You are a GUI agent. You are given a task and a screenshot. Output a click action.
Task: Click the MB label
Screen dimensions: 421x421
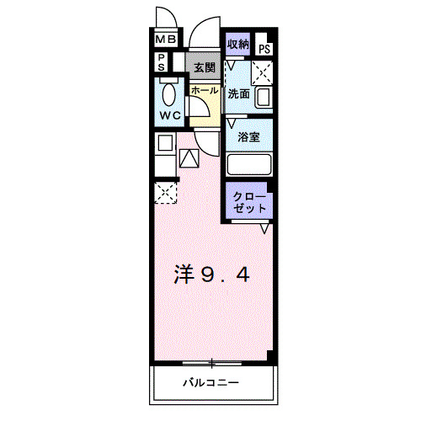click(165, 39)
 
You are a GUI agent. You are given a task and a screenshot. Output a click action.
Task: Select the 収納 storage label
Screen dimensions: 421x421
click(238, 45)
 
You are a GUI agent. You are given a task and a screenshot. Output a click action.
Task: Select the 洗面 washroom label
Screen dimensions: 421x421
click(239, 94)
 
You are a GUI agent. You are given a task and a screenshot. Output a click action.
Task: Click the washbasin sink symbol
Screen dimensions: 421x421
click(262, 98)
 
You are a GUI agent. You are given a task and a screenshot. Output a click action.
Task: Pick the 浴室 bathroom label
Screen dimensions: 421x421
click(248, 137)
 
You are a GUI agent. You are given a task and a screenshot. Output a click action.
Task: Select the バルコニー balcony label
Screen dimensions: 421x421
click(212, 384)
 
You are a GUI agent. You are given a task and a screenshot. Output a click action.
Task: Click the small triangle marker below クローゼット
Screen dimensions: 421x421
click(264, 227)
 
